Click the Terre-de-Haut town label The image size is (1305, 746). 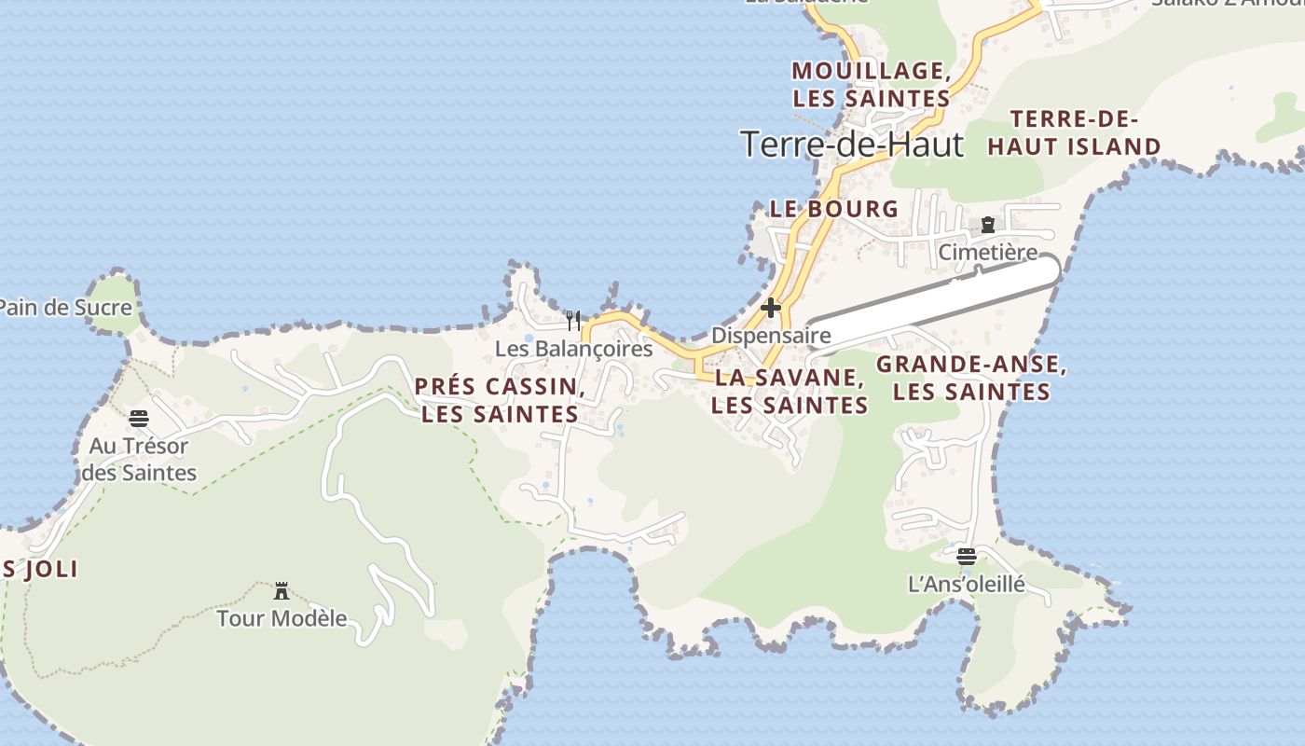tap(852, 145)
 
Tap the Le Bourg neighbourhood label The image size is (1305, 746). tap(833, 209)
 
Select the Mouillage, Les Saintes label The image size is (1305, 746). tap(871, 84)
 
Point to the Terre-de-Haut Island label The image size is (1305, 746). tap(1074, 132)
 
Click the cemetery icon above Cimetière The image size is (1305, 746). tap(987, 225)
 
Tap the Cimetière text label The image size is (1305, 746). tap(987, 253)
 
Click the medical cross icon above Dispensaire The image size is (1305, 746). tap(771, 307)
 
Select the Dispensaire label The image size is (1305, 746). tap(771, 335)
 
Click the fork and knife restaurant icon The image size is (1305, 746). tap(573, 321)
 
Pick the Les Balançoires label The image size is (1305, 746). tap(573, 349)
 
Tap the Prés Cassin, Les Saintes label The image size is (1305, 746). tap(500, 400)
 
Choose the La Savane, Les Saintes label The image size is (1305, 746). tap(790, 391)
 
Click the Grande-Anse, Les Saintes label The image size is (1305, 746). tap(971, 378)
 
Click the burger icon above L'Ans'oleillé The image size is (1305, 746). tap(966, 557)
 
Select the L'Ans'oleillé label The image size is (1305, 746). tap(966, 585)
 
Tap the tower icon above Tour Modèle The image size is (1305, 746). tap(282, 590)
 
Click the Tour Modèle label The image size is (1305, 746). tap(282, 618)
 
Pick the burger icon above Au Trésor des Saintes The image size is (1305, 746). tap(139, 418)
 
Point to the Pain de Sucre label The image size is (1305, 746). tap(63, 307)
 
